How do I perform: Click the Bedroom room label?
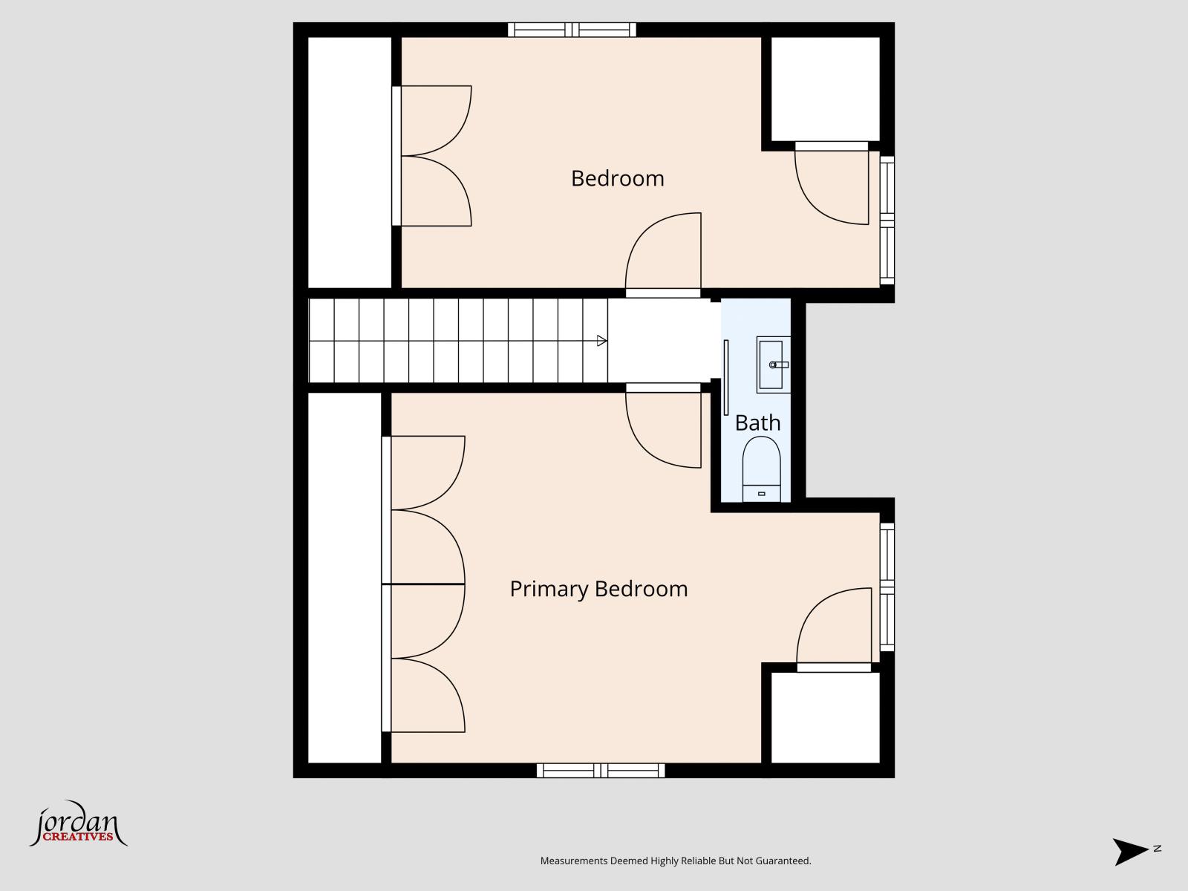617,178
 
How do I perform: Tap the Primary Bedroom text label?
598,589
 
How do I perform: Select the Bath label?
757,422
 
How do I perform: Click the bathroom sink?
773,365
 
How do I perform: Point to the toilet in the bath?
761,469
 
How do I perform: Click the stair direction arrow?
601,341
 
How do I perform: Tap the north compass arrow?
1131,851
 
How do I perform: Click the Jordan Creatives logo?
77,826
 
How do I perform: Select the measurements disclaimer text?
675,861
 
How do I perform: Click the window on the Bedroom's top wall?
572,30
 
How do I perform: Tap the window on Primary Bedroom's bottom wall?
600,771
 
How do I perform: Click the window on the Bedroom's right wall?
887,220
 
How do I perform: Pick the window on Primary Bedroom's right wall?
887,587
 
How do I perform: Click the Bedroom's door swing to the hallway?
663,252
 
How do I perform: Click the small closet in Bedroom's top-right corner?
825,88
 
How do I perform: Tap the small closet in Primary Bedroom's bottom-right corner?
825,717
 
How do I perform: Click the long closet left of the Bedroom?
349,162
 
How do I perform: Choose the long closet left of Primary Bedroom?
345,578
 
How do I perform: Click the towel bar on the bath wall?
726,377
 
